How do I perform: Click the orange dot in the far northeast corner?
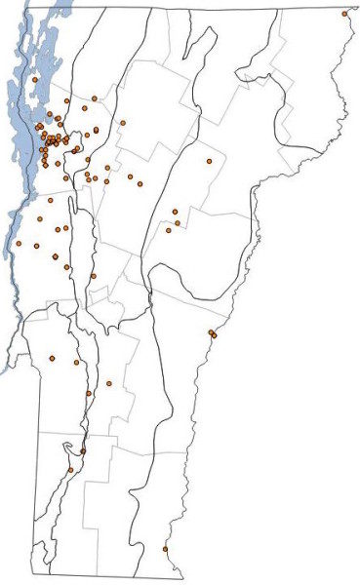coord(344,14)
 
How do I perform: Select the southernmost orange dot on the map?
coord(165,549)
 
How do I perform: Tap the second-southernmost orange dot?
coord(71,471)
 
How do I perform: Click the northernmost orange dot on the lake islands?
coord(34,79)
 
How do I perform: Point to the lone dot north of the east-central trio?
coord(209,161)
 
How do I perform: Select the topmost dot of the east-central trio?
coord(175,211)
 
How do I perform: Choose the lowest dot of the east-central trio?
coord(168,230)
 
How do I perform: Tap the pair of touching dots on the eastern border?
coord(212,334)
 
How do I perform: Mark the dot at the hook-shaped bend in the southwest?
coord(82,450)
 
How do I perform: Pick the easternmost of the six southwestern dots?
coord(109,383)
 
